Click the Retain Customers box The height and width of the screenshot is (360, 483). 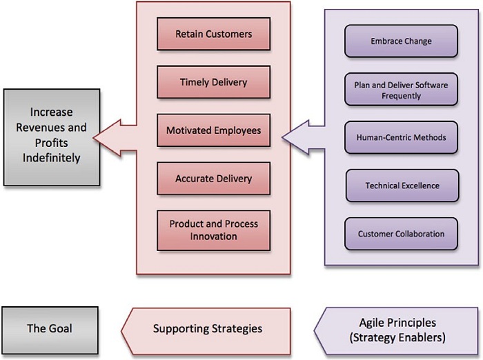(x=213, y=34)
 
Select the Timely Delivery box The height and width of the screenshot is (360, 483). (x=213, y=82)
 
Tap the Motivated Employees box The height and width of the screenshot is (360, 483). (x=213, y=130)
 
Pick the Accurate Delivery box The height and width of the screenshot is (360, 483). (x=213, y=179)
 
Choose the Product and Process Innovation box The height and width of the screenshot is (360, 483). (x=213, y=230)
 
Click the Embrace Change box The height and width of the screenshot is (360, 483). (x=401, y=41)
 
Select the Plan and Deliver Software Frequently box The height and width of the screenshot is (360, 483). (x=401, y=90)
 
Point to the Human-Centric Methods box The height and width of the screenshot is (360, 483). (x=401, y=137)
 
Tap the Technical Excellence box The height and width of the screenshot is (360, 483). (x=401, y=186)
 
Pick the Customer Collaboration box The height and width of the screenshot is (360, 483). (x=401, y=234)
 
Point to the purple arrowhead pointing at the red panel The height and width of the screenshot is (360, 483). (x=297, y=135)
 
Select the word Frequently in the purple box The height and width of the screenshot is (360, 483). (x=401, y=96)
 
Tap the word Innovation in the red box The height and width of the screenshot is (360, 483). (x=213, y=237)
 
